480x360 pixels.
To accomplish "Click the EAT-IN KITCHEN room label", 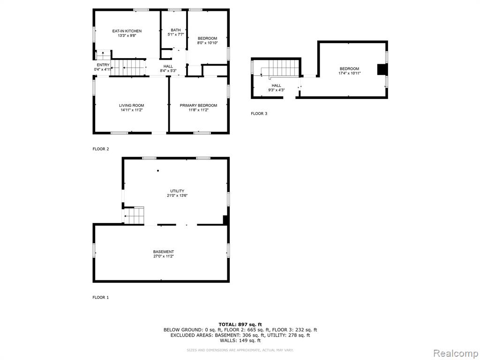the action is click(127, 31).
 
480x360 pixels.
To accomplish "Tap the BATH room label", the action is click(176, 30).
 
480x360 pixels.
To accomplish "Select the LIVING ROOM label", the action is click(132, 105).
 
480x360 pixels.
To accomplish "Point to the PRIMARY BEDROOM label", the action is click(198, 105).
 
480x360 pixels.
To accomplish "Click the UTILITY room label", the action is click(177, 191).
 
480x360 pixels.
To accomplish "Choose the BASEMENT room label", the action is click(164, 252).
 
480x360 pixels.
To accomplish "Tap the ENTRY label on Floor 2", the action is click(103, 65).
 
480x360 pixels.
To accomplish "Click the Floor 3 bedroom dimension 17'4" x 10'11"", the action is click(349, 73).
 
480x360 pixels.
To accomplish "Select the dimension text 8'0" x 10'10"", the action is click(207, 43).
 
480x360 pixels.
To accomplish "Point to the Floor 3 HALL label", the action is click(277, 86).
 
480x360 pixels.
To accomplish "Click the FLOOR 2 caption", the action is click(101, 149).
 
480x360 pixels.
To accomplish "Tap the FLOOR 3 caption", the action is click(259, 113).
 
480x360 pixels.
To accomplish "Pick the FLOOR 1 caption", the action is click(101, 297).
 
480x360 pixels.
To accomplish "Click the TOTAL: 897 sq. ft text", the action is click(240, 324).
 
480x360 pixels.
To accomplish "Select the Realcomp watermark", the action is click(456, 353).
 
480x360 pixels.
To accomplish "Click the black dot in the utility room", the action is click(158, 171).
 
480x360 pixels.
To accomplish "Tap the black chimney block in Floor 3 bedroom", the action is click(382, 69).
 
